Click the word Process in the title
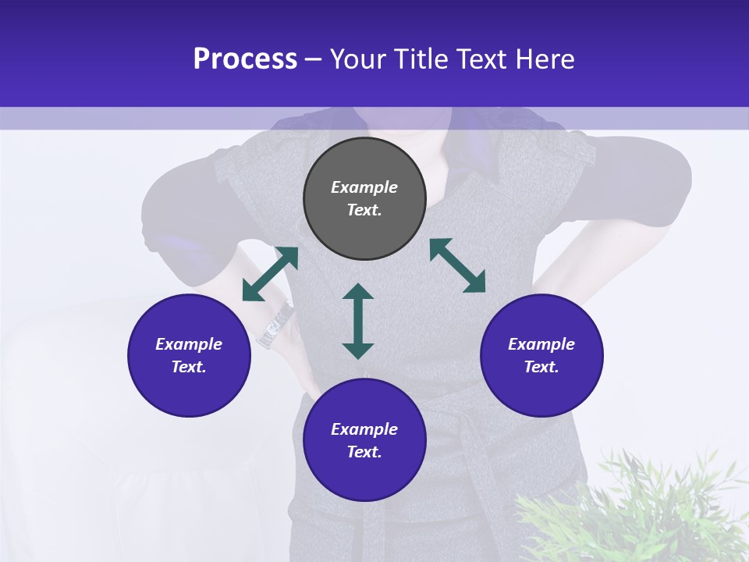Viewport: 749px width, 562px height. tap(245, 59)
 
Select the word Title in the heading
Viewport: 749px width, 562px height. tap(420, 59)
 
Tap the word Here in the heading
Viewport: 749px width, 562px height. tap(545, 59)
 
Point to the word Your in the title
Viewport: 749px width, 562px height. tap(360, 59)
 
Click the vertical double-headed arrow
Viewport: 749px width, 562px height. tap(358, 321)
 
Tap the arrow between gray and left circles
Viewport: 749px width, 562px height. tap(270, 274)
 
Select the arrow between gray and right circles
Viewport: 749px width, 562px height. tap(457, 265)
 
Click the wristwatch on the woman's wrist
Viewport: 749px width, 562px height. tap(275, 325)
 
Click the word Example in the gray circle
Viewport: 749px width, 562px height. tap(364, 187)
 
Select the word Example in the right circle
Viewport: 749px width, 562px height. tap(541, 344)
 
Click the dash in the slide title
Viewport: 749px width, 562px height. tap(314, 59)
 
